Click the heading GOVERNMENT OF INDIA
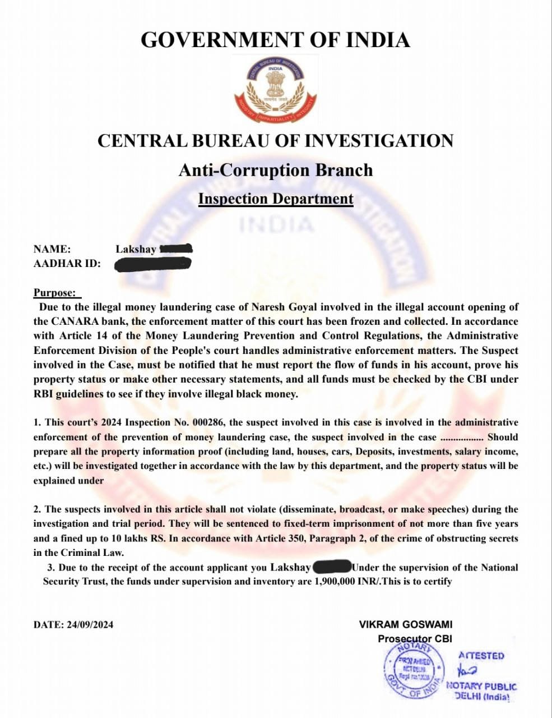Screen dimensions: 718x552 275,40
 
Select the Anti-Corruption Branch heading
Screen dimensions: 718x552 275,170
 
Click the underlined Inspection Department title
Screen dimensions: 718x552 275,199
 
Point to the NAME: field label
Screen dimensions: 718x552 52,249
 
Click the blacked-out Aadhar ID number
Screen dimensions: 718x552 153,264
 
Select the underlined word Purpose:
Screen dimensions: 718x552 55,293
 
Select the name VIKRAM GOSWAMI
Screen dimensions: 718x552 406,624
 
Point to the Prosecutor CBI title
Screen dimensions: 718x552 415,639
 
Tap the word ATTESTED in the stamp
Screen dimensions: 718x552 481,656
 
